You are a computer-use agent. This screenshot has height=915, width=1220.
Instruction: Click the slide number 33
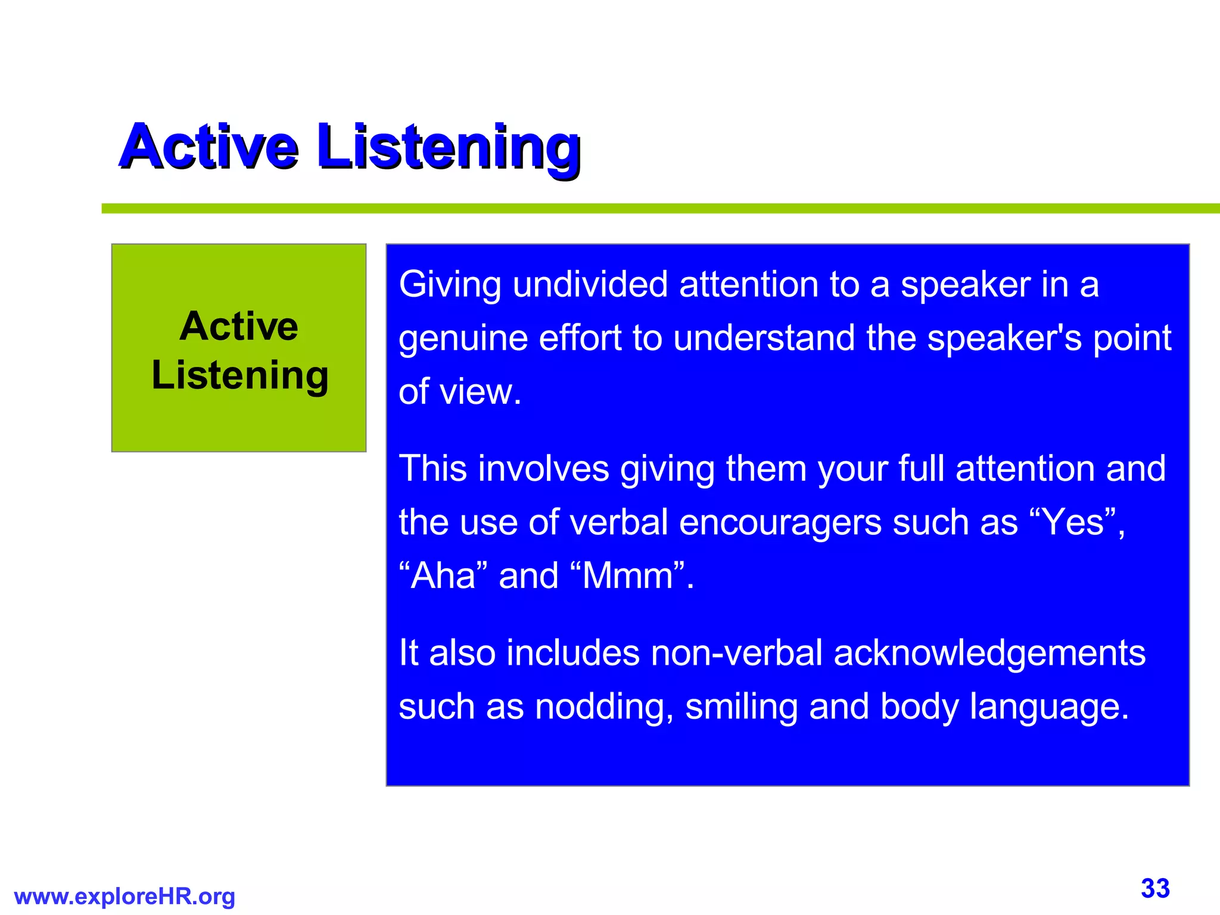point(1155,888)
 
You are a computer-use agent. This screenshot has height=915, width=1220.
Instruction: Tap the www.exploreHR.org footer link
point(125,897)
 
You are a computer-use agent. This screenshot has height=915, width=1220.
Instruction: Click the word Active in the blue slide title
point(208,147)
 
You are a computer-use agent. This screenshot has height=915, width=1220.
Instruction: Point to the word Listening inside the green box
point(239,375)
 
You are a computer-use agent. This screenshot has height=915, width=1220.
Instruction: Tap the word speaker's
point(1004,338)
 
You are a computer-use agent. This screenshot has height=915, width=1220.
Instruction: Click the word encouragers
point(780,522)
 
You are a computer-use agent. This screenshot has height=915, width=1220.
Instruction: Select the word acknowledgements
point(989,653)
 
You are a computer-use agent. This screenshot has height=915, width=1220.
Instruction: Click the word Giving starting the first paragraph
point(450,285)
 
